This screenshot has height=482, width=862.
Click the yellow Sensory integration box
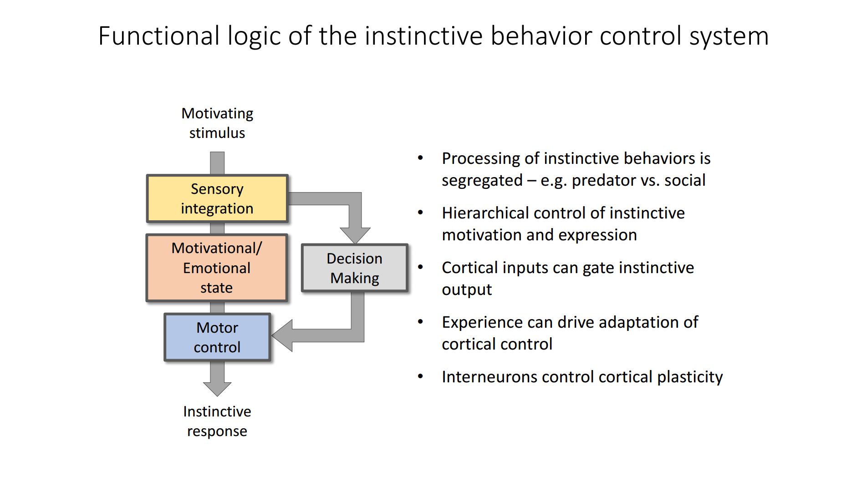pos(217,198)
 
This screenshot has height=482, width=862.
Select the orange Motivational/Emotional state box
pos(217,268)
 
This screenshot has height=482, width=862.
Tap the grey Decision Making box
pos(355,268)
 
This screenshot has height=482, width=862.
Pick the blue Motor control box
pos(217,337)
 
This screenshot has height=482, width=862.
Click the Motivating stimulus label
pos(217,123)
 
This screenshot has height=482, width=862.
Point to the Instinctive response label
pos(217,421)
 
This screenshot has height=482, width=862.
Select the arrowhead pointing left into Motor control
pos(282,335)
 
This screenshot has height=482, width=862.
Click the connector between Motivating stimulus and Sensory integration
pos(217,163)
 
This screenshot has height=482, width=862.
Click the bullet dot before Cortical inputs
pos(420,267)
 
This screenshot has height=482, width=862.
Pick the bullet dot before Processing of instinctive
pos(420,158)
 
